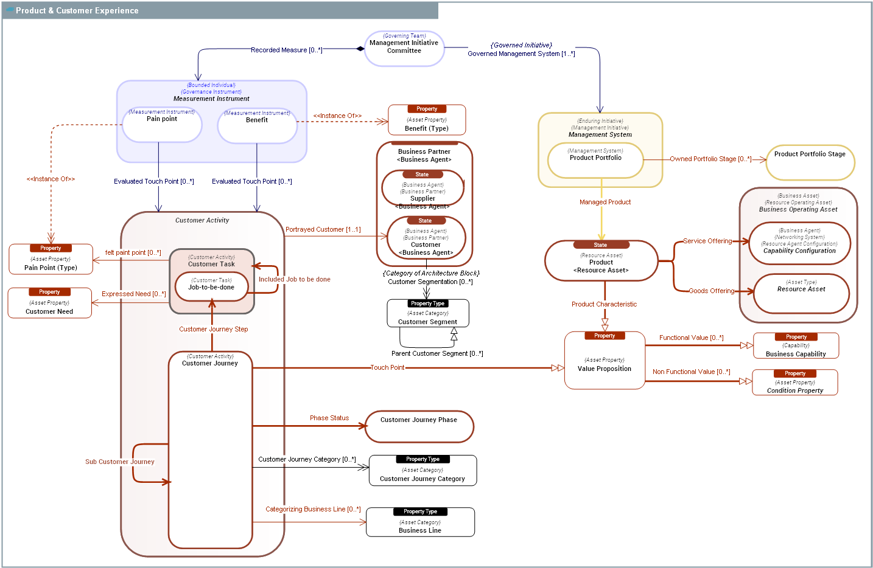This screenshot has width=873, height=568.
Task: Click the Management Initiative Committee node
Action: (x=404, y=48)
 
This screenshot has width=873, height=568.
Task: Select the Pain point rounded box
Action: (x=162, y=125)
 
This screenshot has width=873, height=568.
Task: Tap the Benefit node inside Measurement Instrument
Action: (x=257, y=126)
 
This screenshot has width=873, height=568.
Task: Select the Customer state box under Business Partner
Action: (x=426, y=238)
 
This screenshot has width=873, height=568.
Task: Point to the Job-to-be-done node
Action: (x=211, y=287)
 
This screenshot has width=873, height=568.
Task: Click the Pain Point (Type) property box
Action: (x=51, y=260)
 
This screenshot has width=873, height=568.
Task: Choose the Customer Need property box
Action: (x=49, y=303)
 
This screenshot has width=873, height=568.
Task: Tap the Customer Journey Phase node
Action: (x=419, y=427)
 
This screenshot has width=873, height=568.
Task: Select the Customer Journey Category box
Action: (x=422, y=471)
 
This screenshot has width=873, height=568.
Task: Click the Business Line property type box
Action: (x=420, y=522)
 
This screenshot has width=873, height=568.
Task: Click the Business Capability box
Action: (x=796, y=346)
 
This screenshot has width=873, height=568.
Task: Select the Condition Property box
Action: (x=794, y=383)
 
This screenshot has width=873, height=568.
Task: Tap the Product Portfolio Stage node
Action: (x=810, y=162)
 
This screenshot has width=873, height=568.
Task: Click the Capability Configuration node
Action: (x=799, y=243)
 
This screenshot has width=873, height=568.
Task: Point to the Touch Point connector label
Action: (x=388, y=368)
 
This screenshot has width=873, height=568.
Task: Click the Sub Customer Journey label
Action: (x=120, y=462)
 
